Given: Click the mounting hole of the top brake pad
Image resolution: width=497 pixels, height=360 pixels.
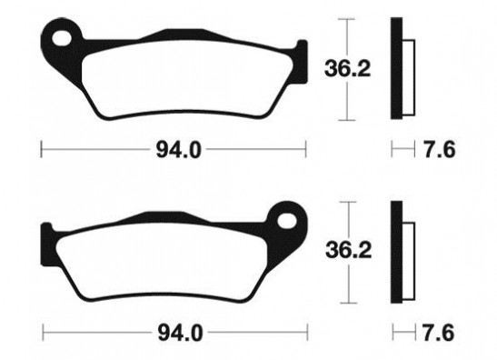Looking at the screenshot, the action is pos(62,39).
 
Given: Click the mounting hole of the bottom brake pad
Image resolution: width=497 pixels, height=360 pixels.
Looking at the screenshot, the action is pos(287,221).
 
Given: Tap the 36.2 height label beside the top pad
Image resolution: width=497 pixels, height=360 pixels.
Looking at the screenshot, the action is pos(347,69).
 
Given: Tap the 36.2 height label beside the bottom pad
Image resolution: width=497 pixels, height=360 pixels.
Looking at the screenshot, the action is pos(348,250).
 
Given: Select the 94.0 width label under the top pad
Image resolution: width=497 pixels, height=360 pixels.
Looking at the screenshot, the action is pos(179,150).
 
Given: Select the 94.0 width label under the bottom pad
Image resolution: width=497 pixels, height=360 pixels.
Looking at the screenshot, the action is pos(180,333).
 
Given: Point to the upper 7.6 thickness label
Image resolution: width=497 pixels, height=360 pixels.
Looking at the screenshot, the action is pos(440,149).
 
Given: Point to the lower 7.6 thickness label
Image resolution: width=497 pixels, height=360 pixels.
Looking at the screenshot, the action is pos(438,333).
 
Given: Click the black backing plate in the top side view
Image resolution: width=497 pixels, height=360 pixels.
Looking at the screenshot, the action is pos(396,68).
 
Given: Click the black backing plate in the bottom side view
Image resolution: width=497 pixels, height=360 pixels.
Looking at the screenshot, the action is pos(396,252).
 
